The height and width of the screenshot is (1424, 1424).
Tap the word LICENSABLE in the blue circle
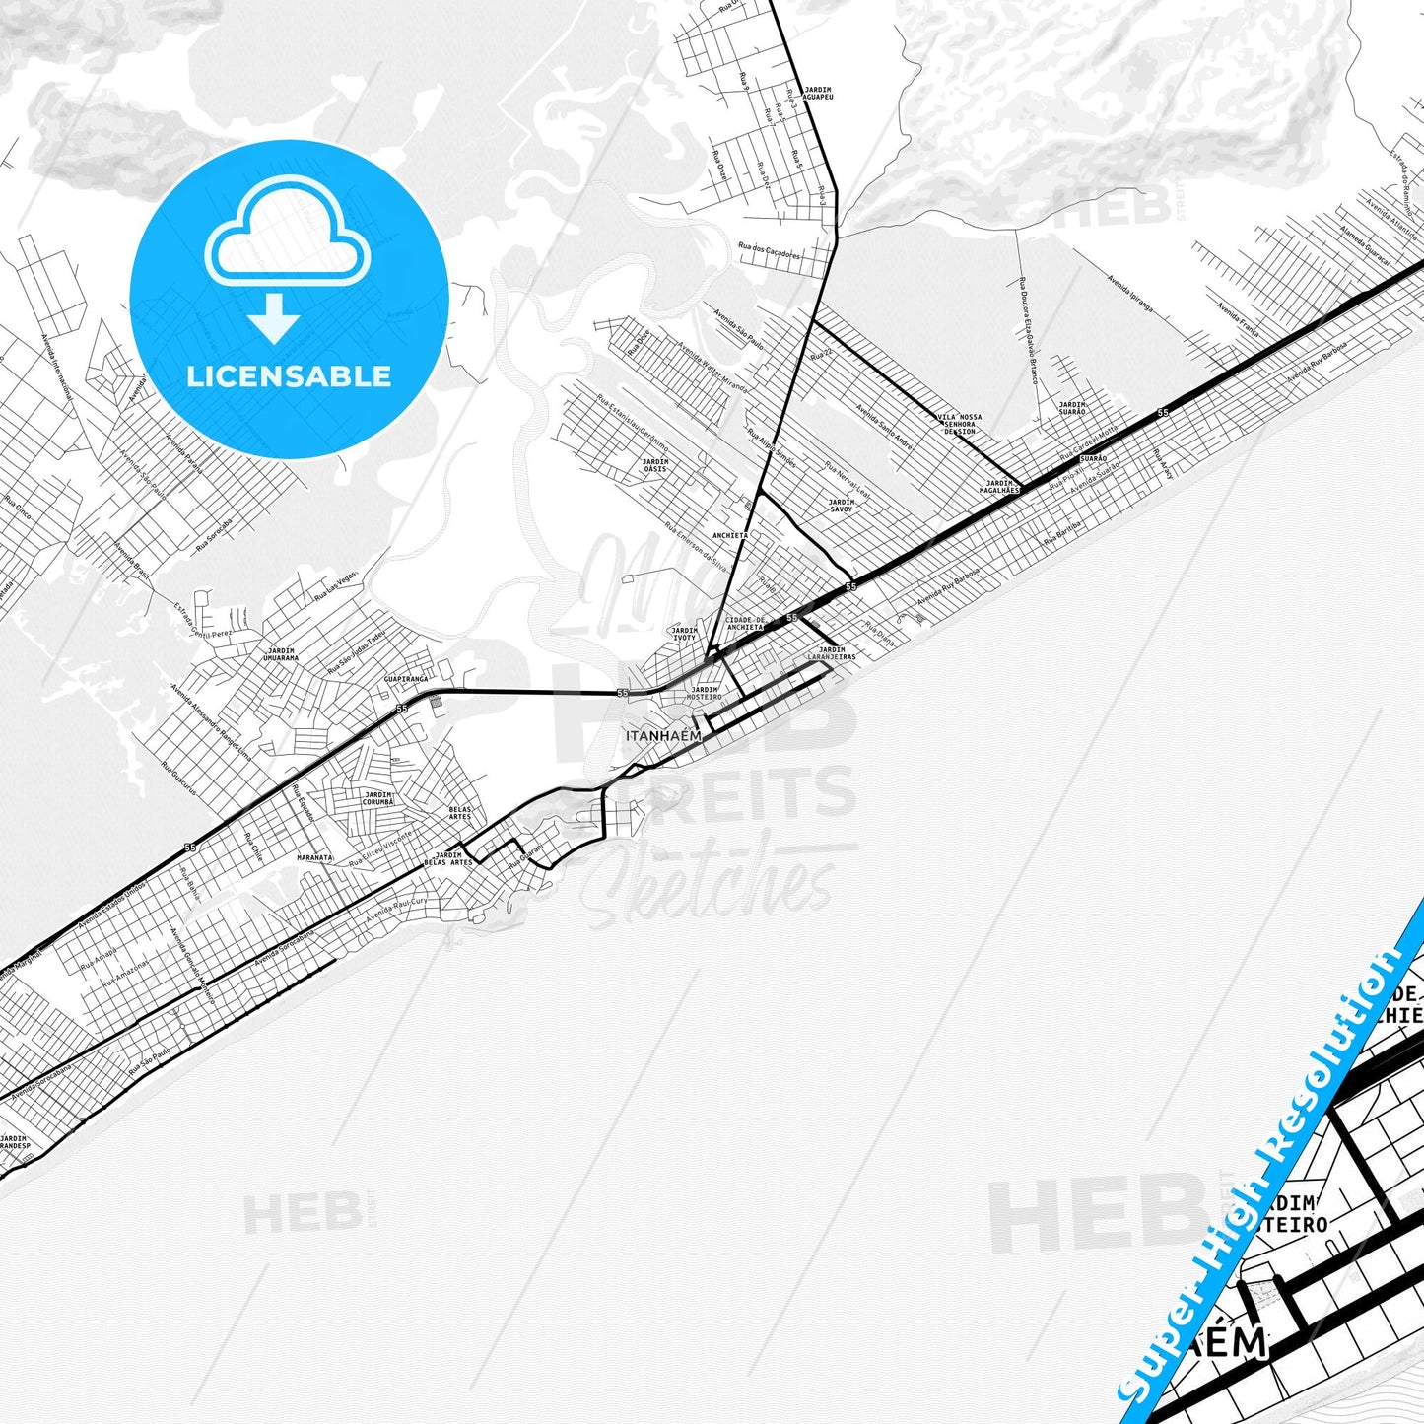[x=289, y=376]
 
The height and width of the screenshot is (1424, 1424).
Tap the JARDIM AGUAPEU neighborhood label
[x=818, y=94]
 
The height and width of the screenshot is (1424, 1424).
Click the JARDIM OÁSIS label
[x=655, y=465]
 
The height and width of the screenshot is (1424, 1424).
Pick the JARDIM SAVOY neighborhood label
[x=841, y=506]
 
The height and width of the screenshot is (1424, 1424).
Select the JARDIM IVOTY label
[x=684, y=634]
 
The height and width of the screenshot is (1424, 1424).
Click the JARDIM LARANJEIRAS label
[x=832, y=652]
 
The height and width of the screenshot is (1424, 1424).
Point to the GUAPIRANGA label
[x=406, y=679]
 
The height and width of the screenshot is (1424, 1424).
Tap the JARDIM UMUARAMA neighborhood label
[x=281, y=653]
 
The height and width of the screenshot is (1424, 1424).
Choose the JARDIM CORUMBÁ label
[x=377, y=798]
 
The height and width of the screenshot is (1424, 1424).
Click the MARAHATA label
[x=315, y=857]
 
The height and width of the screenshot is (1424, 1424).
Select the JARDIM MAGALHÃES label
[x=999, y=486]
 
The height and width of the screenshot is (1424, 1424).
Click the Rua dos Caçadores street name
[x=770, y=252]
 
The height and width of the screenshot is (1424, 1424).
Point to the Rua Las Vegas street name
[x=335, y=587]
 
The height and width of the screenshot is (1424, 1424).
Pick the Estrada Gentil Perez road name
[x=203, y=619]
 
